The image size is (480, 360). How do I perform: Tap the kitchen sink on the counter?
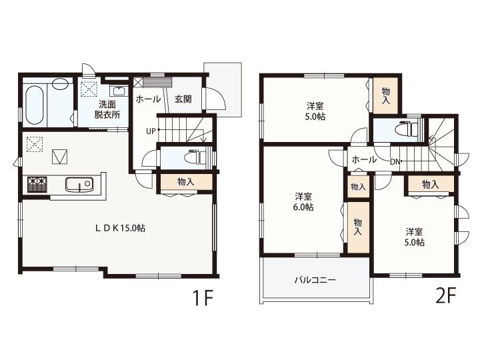click(x=79, y=185)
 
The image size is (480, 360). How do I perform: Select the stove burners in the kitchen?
click(x=37, y=185)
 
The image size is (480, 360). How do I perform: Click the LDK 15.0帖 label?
click(x=120, y=228)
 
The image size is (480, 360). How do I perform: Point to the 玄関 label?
click(x=183, y=99)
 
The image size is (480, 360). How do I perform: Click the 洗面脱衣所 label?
click(x=107, y=109)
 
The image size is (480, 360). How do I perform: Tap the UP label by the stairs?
click(x=151, y=131)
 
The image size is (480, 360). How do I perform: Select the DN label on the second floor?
click(x=395, y=162)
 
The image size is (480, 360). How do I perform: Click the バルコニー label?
click(x=315, y=280)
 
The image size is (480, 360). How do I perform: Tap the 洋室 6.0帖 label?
click(x=303, y=202)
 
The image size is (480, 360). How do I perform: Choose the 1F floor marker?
click(x=203, y=297)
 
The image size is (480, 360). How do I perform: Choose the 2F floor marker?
click(x=446, y=295)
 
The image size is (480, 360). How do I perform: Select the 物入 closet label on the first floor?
click(x=186, y=182)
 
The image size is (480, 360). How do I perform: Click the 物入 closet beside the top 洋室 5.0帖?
click(x=386, y=95)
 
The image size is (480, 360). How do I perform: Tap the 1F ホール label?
click(x=148, y=99)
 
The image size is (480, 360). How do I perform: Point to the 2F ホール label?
click(x=364, y=159)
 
